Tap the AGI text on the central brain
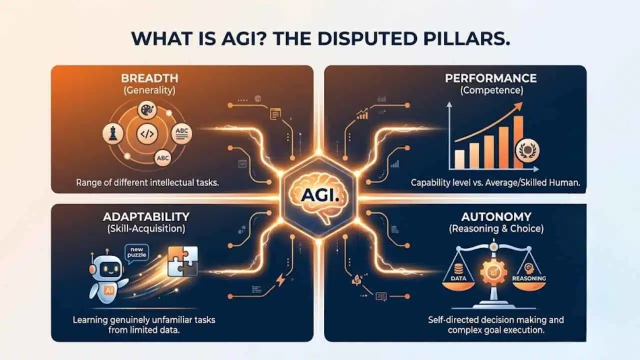click(319, 195)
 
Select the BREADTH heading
click(149, 78)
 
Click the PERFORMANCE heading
click(491, 78)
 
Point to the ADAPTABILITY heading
click(146, 217)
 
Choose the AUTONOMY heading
click(496, 217)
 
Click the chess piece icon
click(113, 133)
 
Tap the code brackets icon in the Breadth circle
click(147, 133)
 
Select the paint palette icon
click(147, 110)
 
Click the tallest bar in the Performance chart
click(518, 142)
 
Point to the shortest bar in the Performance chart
click(459, 159)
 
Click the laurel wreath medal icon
click(527, 150)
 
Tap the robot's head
click(107, 267)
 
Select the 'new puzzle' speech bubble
click(137, 253)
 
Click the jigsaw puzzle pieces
click(183, 261)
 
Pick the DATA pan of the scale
click(458, 284)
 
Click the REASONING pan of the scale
click(529, 284)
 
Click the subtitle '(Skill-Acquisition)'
click(146, 228)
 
